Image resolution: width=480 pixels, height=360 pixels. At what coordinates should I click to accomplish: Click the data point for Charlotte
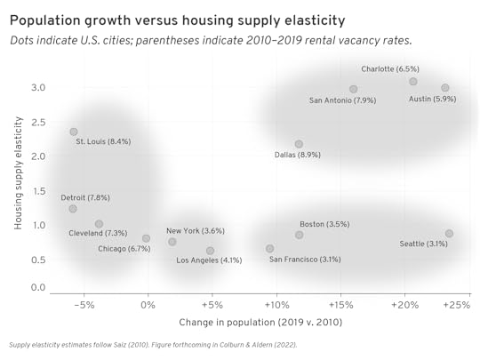pos(413,82)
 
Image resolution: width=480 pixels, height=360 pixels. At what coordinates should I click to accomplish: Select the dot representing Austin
pos(445,88)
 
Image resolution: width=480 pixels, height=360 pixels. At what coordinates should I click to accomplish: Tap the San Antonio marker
pos(354,89)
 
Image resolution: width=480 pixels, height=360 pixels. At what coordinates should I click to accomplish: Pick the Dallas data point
pos(299,144)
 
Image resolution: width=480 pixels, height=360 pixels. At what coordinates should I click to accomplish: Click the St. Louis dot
pos(74,132)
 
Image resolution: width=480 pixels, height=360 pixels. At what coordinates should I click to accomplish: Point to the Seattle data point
pos(450,234)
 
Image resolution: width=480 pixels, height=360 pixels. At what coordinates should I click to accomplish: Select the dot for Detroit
pos(73,209)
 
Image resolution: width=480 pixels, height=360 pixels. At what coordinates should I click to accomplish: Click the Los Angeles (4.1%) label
pos(209,260)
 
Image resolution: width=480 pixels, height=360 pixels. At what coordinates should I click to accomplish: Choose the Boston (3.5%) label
pos(324,224)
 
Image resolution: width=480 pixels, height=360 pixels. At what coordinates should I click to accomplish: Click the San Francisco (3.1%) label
pos(305,260)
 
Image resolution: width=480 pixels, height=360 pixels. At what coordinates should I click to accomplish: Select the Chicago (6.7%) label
pos(124,249)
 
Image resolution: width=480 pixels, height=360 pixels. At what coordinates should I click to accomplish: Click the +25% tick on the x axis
pos(457,305)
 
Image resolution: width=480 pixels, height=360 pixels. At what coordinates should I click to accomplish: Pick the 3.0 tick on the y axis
pos(37,87)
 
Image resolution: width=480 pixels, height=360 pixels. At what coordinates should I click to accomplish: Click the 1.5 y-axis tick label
pos(37,191)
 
